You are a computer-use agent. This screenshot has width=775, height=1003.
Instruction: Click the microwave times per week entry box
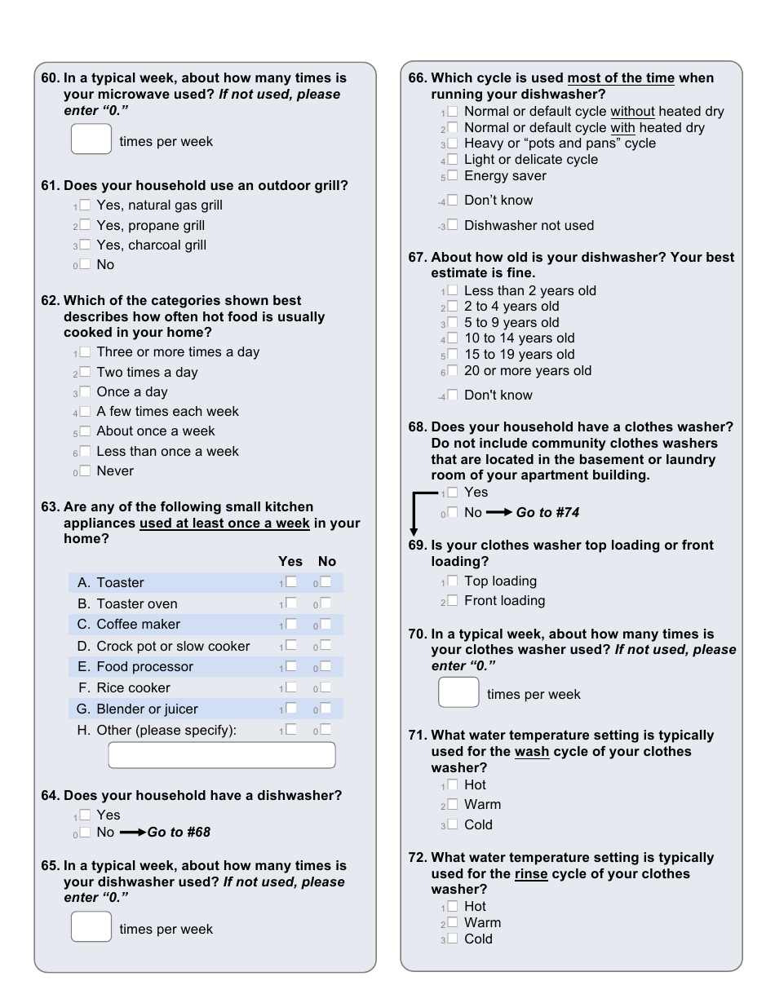pyautogui.click(x=91, y=139)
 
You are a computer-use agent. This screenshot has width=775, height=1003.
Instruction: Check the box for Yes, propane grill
pyautogui.click(x=85, y=225)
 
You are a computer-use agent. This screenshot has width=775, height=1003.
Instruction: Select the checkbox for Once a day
pyautogui.click(x=85, y=391)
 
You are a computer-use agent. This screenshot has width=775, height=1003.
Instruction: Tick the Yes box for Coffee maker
pyautogui.click(x=291, y=624)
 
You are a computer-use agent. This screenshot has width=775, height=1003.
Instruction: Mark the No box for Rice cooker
pyautogui.click(x=325, y=687)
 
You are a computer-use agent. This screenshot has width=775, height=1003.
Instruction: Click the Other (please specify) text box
pyautogui.click(x=221, y=755)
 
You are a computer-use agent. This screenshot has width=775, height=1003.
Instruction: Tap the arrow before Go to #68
pyautogui.click(x=132, y=833)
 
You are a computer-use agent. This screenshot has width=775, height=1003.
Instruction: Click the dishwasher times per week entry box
pyautogui.click(x=91, y=926)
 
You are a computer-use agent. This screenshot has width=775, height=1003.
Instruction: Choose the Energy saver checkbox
pyautogui.click(x=453, y=175)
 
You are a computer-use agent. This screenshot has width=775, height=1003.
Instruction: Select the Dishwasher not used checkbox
pyautogui.click(x=453, y=224)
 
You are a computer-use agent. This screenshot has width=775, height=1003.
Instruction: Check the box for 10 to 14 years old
pyautogui.click(x=453, y=338)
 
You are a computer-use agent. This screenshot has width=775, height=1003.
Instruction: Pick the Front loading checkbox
pyautogui.click(x=453, y=600)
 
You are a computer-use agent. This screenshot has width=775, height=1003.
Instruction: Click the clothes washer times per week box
pyautogui.click(x=458, y=692)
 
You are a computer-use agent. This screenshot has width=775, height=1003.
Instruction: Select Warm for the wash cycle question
pyautogui.click(x=453, y=804)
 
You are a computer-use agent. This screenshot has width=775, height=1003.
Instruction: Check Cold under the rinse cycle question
pyautogui.click(x=453, y=939)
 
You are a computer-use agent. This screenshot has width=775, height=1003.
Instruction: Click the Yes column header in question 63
pyautogui.click(x=290, y=561)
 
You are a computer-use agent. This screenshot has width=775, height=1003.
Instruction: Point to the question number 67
pyautogui.click(x=417, y=257)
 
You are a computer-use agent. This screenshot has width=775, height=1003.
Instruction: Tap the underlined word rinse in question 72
pyautogui.click(x=531, y=873)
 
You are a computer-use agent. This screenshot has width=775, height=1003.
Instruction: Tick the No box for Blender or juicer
pyautogui.click(x=325, y=708)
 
